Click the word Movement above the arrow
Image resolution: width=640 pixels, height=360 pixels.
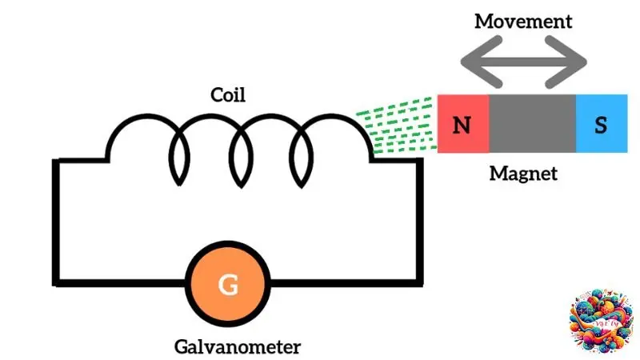click(x=523, y=20)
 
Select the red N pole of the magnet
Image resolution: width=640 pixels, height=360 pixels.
click(x=462, y=123)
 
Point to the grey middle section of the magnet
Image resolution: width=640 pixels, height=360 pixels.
click(x=532, y=123)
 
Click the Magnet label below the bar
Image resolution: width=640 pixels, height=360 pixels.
click(x=523, y=172)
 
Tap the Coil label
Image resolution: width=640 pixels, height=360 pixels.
click(x=227, y=95)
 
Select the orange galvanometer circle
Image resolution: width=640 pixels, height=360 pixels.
click(x=228, y=284)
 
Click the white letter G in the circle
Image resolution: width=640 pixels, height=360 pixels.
click(x=228, y=284)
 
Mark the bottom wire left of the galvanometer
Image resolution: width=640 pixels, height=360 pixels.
click(x=120, y=282)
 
